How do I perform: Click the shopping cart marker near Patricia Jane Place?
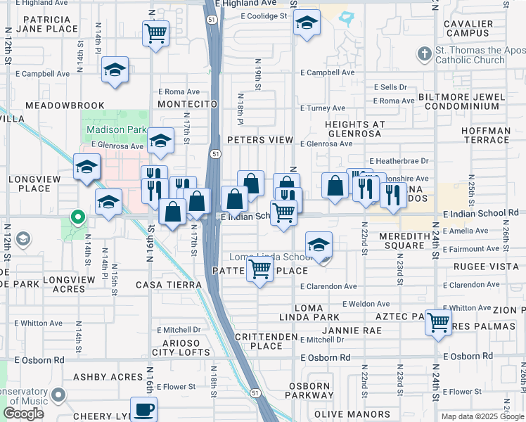155,32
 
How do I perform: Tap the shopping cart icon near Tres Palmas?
438,323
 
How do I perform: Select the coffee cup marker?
144,409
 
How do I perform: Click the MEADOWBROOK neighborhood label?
65,105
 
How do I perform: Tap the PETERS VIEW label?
259,140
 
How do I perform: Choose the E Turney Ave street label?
322,108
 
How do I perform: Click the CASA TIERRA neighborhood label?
169,285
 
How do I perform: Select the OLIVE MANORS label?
342,414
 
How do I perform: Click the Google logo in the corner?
24,414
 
